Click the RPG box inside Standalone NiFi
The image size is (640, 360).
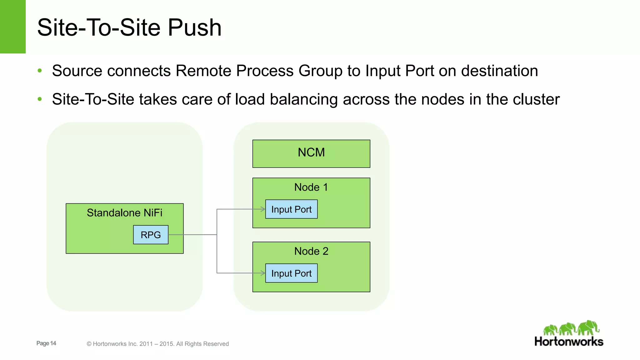tap(151, 235)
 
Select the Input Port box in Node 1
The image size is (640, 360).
tap(291, 209)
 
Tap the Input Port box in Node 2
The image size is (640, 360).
tap(291, 273)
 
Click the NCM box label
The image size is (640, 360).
tap(311, 152)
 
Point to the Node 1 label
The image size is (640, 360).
tap(311, 187)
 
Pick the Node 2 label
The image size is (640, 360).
tap(311, 251)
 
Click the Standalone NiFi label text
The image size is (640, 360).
tap(124, 213)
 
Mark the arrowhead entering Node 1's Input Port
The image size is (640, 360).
tap(263, 209)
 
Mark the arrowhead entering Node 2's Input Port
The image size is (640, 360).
tap(263, 273)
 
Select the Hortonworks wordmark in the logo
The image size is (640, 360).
tap(569, 341)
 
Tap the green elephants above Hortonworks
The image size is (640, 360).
tap(571, 328)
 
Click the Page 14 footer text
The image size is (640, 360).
tap(46, 343)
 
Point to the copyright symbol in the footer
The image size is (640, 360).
tap(89, 344)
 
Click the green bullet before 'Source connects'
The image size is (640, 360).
tap(40, 71)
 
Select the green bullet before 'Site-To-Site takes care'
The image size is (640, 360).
tap(40, 99)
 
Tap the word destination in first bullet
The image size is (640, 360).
tap(499, 71)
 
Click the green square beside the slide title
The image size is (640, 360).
tap(13, 27)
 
